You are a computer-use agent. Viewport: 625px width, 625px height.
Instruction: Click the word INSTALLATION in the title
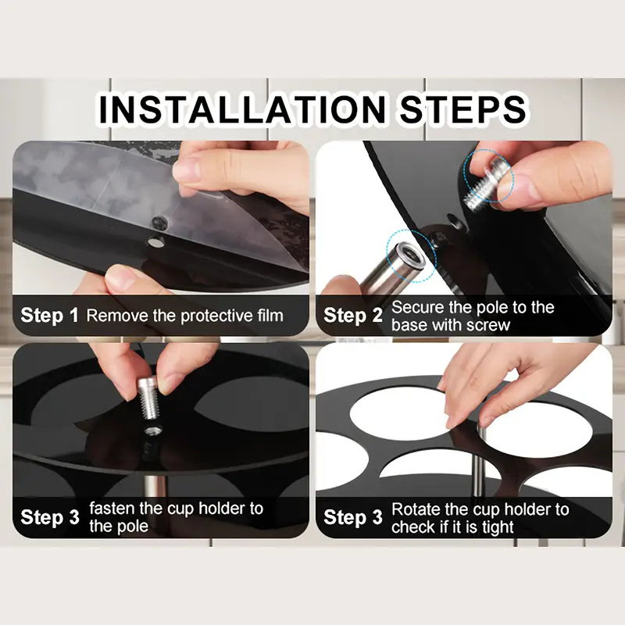[242, 109]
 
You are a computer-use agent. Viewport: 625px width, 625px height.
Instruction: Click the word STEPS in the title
[462, 109]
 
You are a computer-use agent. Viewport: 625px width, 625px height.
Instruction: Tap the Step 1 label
[49, 316]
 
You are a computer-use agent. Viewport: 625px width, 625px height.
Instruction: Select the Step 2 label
[353, 316]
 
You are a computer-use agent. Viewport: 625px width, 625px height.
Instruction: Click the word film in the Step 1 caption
[270, 316]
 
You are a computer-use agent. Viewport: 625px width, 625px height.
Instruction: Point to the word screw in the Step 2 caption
[487, 325]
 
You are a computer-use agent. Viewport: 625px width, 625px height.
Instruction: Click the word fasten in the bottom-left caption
[112, 509]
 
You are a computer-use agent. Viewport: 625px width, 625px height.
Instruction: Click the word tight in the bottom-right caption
[498, 527]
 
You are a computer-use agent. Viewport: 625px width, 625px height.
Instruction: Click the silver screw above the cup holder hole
[149, 398]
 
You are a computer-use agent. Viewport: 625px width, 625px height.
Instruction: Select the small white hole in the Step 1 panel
[155, 241]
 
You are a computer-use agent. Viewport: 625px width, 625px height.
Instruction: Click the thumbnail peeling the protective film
[186, 170]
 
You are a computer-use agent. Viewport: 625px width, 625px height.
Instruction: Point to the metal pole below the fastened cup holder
[154, 486]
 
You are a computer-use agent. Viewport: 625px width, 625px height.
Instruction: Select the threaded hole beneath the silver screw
[152, 430]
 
